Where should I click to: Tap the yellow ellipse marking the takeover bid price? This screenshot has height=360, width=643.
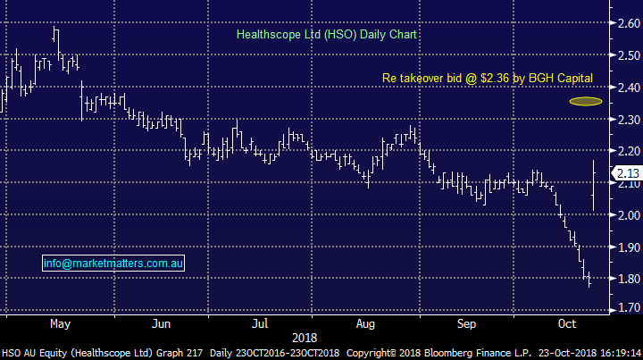[586, 101]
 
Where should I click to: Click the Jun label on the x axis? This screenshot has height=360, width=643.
[162, 323]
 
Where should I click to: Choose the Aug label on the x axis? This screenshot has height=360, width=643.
[365, 323]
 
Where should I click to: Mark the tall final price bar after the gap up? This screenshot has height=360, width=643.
[594, 186]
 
